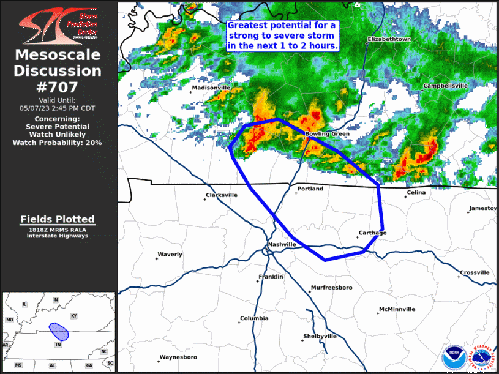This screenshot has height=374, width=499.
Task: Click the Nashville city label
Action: click(282, 244)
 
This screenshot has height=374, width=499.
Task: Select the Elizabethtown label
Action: click(389, 39)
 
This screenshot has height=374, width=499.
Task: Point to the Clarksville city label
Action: click(222, 195)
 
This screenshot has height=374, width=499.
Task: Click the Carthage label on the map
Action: click(372, 233)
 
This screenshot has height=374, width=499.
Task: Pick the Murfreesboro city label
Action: click(331, 287)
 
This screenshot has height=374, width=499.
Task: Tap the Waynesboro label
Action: click(178, 357)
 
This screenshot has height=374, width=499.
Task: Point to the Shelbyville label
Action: click(320, 336)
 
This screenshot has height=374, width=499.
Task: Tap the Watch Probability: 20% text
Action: click(58, 142)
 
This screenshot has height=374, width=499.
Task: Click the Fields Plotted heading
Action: click(58, 219)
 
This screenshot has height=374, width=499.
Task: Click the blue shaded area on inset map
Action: click(59, 331)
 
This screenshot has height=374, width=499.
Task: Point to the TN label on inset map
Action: click(59, 345)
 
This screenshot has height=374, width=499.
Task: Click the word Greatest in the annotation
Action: click(247, 26)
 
